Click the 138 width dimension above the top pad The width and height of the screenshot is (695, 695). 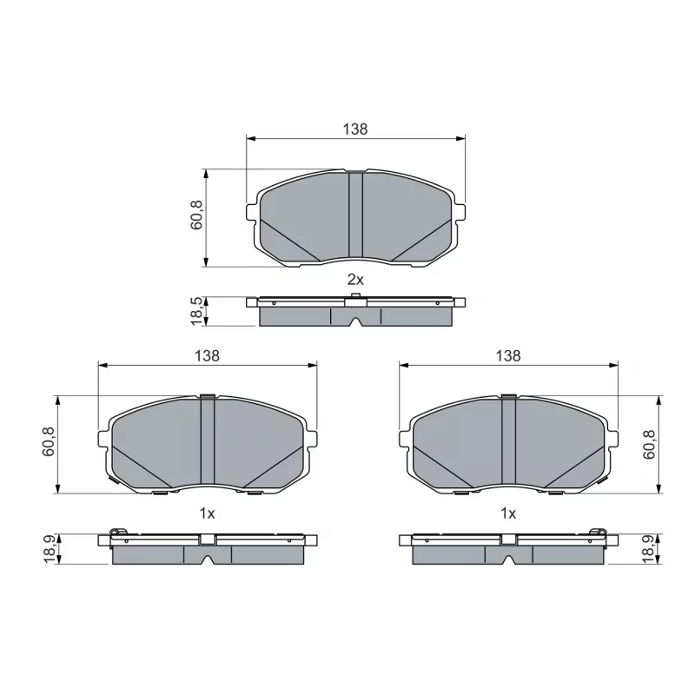tap(355, 129)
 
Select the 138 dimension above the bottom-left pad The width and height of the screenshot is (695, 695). tap(207, 355)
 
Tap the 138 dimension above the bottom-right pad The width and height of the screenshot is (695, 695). tap(508, 355)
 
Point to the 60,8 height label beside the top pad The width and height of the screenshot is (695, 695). tap(196, 215)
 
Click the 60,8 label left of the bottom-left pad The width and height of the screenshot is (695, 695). tap(48, 441)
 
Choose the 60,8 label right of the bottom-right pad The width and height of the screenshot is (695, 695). tap(649, 445)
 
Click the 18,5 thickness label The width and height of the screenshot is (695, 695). tap(196, 311)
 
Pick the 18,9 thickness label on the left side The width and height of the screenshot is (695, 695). tap(50, 549)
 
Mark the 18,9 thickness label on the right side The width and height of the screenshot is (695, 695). tap(648, 549)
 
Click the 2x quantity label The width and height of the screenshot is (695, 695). tap(355, 280)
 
